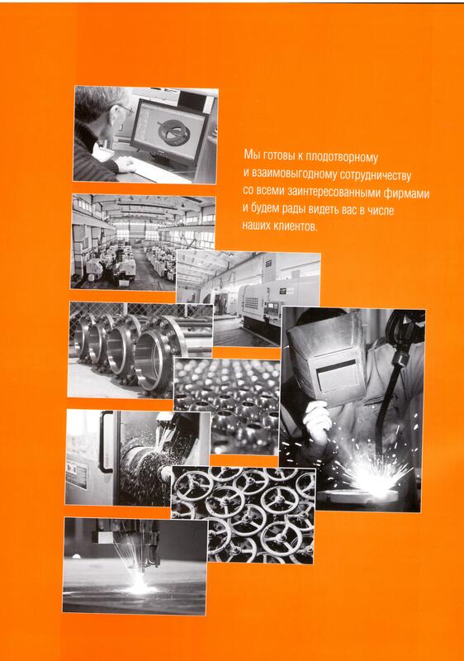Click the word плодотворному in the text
[342, 157]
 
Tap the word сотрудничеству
[375, 175]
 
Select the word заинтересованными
[334, 193]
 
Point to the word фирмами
[407, 193]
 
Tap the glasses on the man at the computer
[125, 110]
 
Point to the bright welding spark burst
[374, 477]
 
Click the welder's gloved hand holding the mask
[317, 421]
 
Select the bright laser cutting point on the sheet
[139, 587]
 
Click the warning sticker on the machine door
[77, 475]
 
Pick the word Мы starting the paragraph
[251, 155]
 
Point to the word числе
[381, 210]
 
